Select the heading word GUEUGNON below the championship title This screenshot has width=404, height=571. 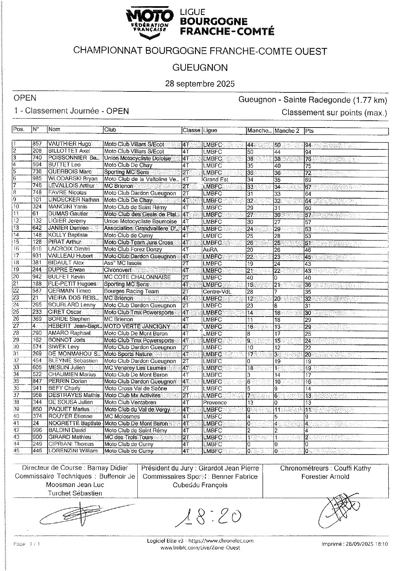coord(200,68)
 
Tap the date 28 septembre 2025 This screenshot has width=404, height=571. coord(200,84)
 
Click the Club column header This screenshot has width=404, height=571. coord(110,130)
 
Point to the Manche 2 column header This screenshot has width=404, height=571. coord(287,131)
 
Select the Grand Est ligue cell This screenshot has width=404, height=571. coord(216,180)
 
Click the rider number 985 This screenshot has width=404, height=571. coord(37,179)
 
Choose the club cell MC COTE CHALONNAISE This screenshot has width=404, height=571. coord(137,277)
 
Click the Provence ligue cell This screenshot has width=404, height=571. coord(215,402)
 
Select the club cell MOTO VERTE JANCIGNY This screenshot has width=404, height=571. coord(137,326)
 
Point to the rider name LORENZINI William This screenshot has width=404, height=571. coord(73,451)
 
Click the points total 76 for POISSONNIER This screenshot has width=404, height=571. coord(308,159)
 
